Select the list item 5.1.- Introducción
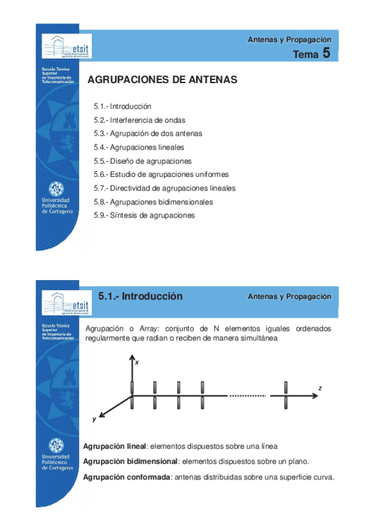122,107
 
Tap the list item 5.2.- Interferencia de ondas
139,120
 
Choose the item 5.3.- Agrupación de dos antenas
148,134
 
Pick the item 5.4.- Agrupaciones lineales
139,147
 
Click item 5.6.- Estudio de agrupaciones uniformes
161,174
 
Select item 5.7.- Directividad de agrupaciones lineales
164,188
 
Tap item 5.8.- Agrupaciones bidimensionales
153,202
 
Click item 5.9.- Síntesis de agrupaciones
144,216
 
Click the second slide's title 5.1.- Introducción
140,296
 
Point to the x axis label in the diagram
137,362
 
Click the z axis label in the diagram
320,388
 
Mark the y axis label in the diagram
94,419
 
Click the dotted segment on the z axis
249,396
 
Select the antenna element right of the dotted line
285,395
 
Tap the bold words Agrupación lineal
114,446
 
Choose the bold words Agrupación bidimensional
130,461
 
